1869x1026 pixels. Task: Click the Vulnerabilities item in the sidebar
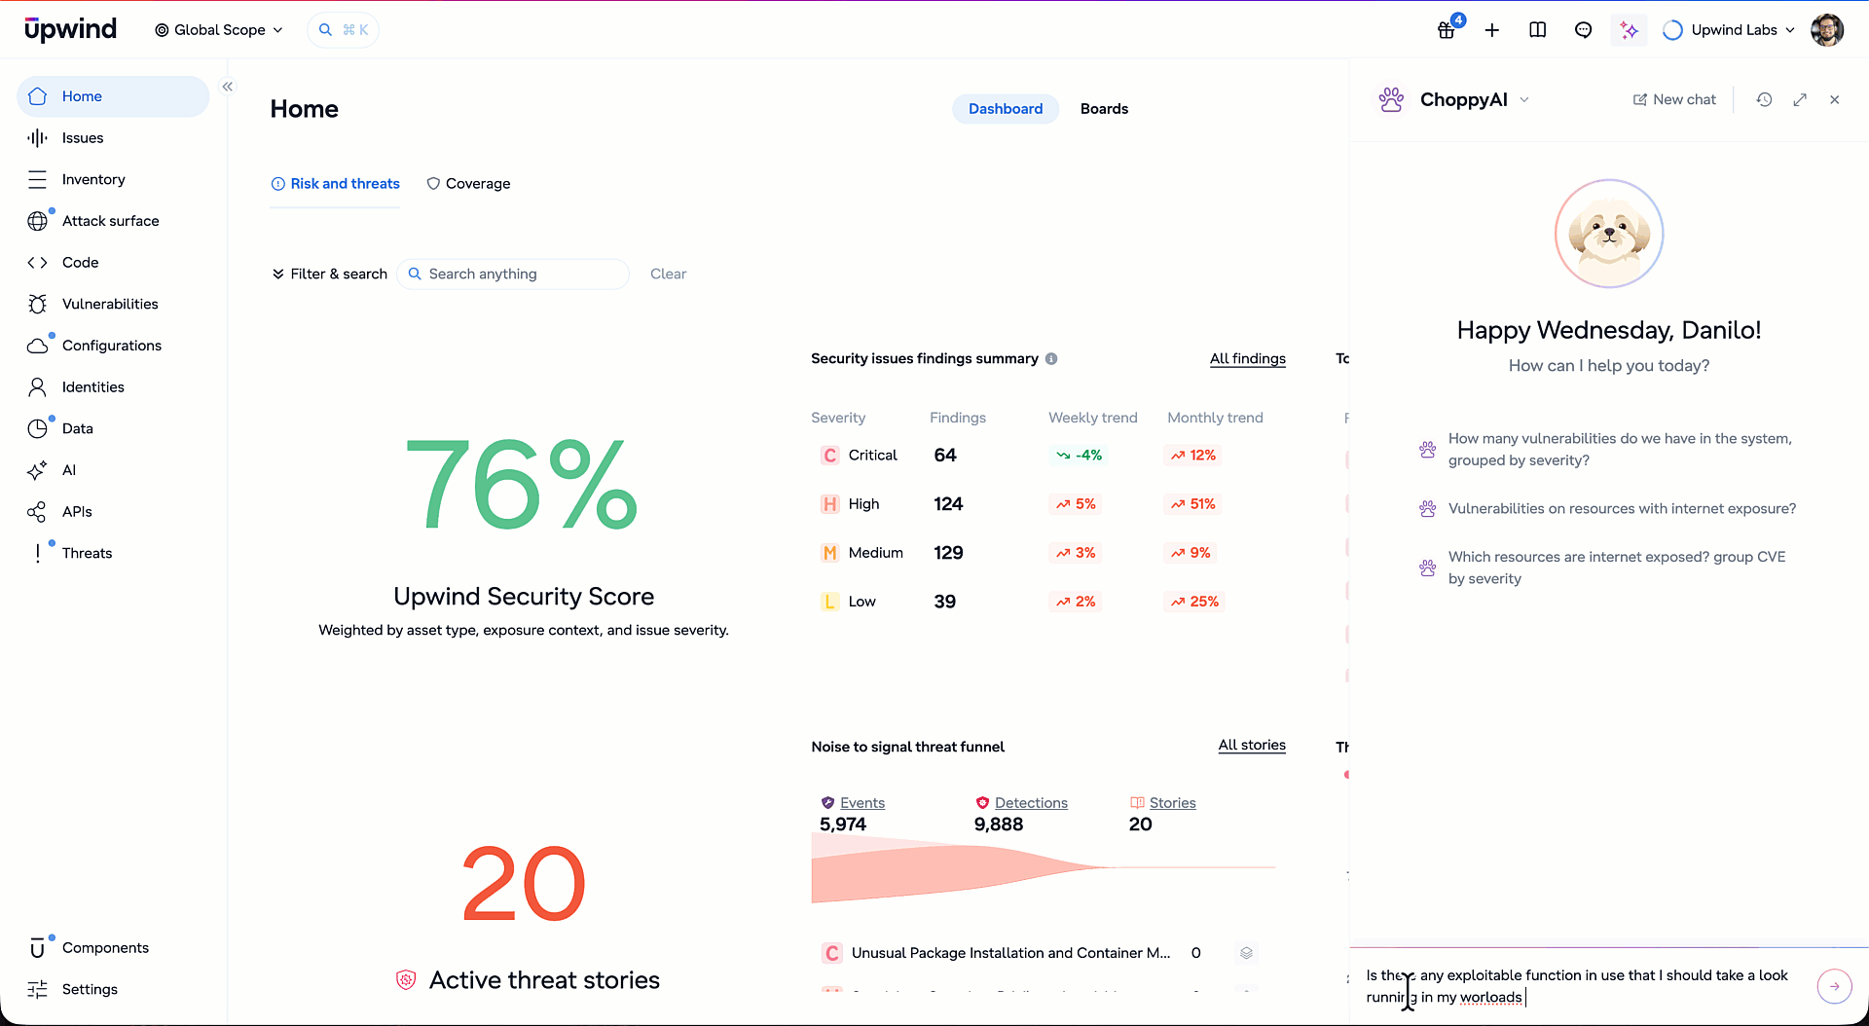point(109,304)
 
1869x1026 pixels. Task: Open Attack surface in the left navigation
point(110,221)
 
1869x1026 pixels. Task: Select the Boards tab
point(1104,109)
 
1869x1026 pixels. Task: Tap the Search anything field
point(513,275)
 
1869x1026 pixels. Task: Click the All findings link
point(1247,359)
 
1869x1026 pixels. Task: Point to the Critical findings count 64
point(945,456)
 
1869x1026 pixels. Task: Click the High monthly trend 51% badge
point(1193,504)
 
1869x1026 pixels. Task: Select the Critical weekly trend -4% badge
point(1079,456)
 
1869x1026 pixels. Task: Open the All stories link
point(1252,746)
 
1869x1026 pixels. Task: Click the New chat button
point(1674,99)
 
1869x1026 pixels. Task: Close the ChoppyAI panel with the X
point(1835,99)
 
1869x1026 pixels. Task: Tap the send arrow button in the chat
point(1834,986)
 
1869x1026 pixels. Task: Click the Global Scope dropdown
point(219,30)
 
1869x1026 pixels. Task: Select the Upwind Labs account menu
point(1729,30)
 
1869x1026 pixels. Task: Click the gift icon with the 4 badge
point(1448,30)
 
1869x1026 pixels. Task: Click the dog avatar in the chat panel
point(1609,234)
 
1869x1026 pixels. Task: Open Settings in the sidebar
point(90,989)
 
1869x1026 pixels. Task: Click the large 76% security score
point(523,484)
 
